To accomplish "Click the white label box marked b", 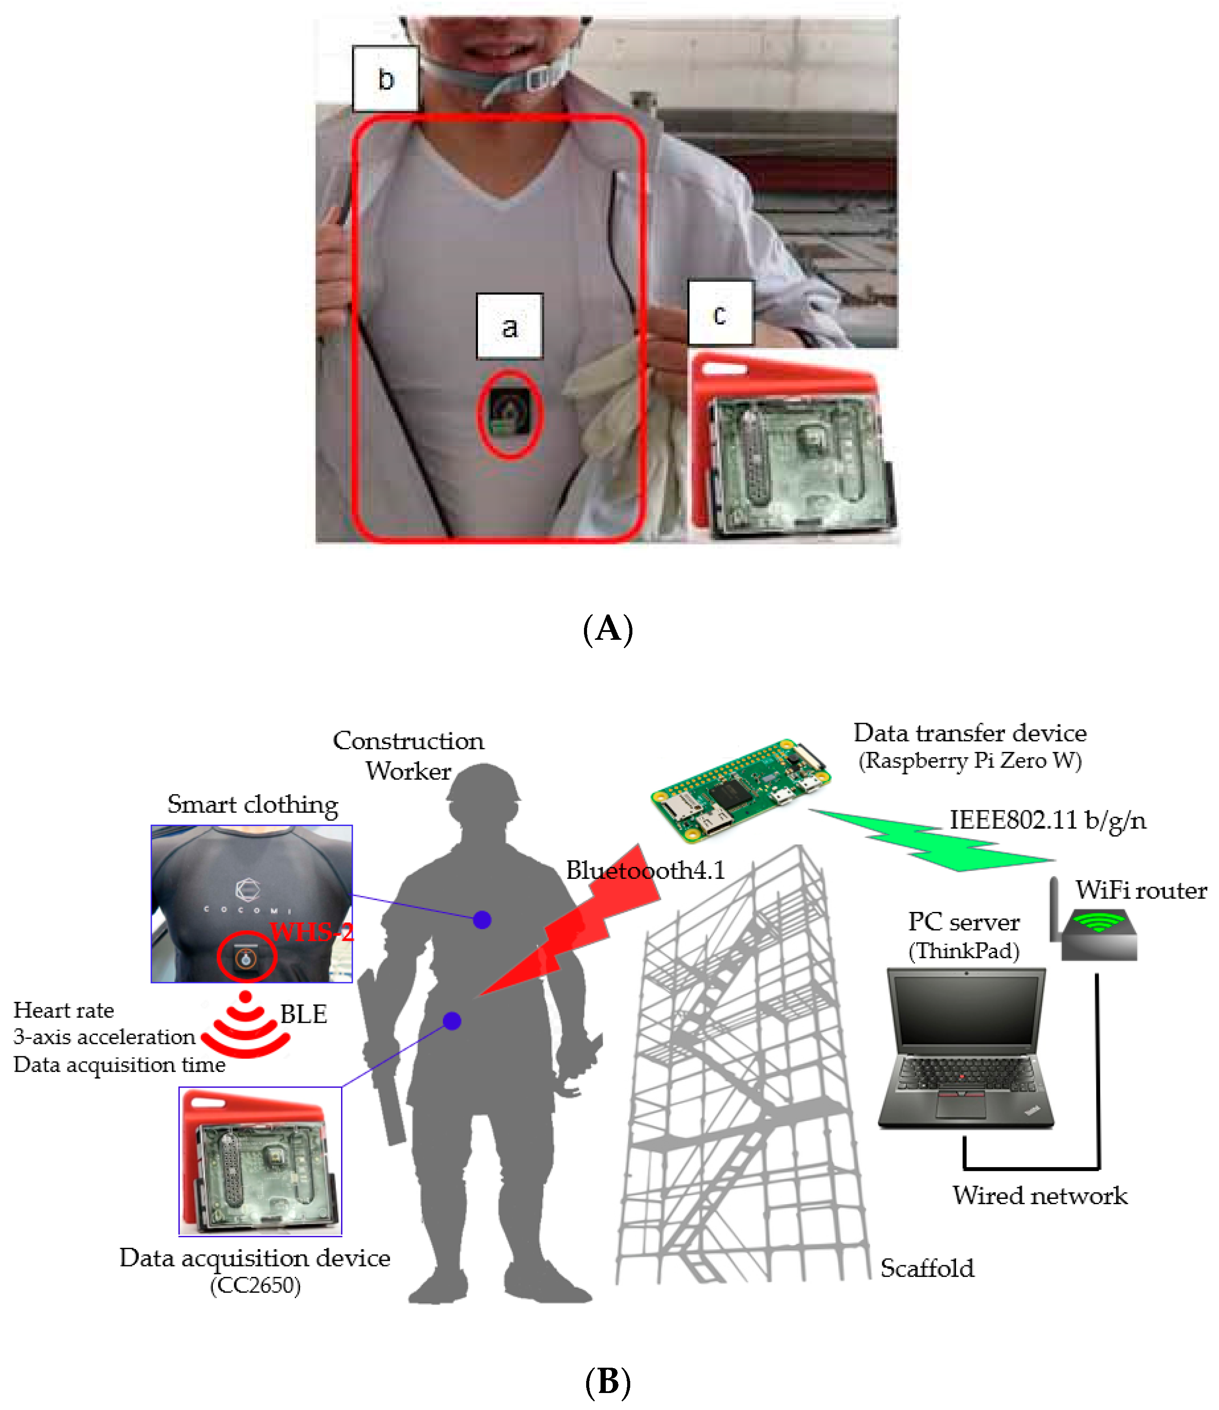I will [385, 79].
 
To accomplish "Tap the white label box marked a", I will [509, 327].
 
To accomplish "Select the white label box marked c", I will [720, 313].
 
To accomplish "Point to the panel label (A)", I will [608, 629].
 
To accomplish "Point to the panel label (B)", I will [608, 1381].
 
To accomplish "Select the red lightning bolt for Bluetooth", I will [578, 925].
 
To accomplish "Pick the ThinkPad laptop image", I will [965, 1048].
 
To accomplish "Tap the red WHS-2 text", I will [312, 932].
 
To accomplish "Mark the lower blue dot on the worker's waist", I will [452, 1021].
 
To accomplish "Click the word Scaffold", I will [927, 1268].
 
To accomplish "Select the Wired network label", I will [1039, 1195].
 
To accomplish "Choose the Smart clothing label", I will [253, 804].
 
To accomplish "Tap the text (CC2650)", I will [255, 1285].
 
